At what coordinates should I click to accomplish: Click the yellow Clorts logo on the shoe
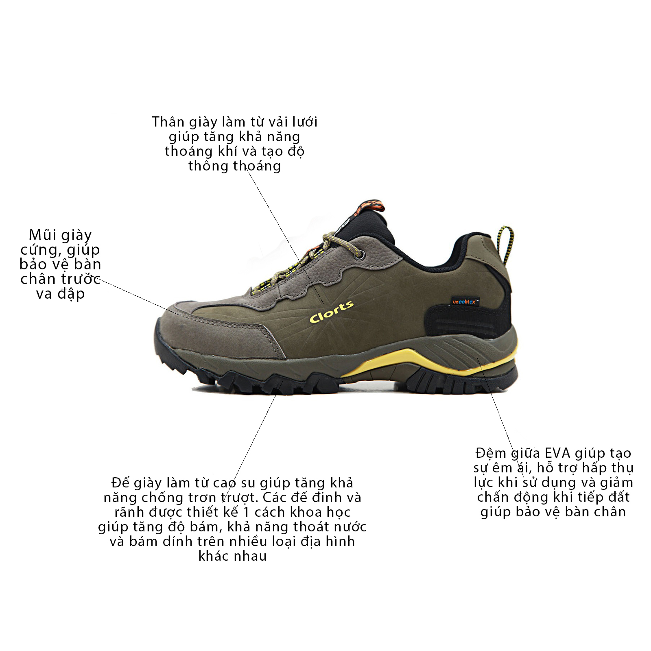point(332,312)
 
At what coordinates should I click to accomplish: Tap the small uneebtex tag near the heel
point(465,301)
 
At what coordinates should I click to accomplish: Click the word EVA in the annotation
point(558,453)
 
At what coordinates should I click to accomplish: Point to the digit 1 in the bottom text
point(246,512)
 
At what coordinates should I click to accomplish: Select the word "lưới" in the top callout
point(305,122)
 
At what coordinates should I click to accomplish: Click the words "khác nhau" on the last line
point(232,556)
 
